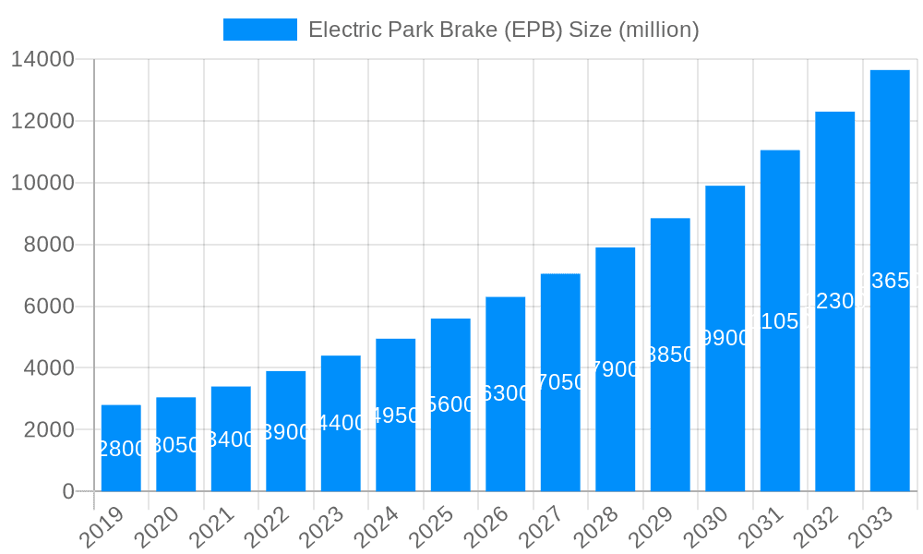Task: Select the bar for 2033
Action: (890, 281)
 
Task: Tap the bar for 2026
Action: (506, 394)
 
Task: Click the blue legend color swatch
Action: (259, 30)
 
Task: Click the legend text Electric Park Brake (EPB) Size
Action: (503, 30)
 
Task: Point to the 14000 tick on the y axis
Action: (42, 59)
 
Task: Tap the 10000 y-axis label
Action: (42, 183)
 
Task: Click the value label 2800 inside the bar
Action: (121, 449)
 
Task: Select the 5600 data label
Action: (450, 404)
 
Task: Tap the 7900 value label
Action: (616, 369)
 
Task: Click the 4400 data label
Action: (341, 423)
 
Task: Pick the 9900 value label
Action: (725, 338)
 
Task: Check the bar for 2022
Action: (286, 431)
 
